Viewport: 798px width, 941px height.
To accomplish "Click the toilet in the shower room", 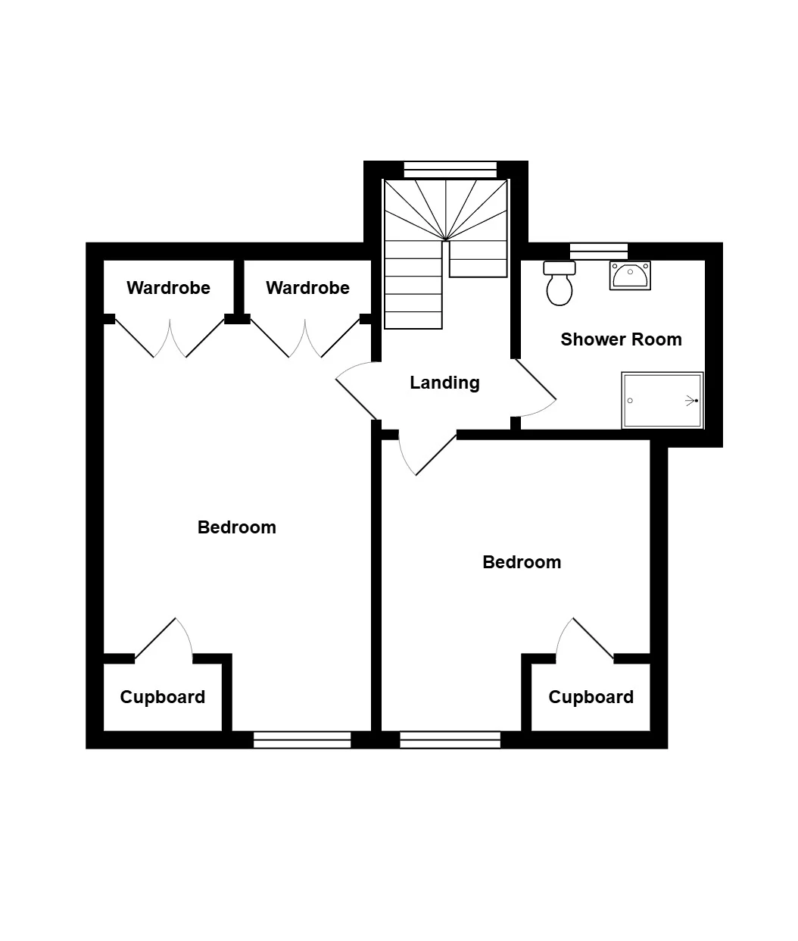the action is (560, 283).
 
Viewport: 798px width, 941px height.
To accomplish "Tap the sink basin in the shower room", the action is (630, 276).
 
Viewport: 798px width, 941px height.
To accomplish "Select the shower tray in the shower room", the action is (662, 401).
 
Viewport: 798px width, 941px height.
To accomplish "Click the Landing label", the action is (444, 383).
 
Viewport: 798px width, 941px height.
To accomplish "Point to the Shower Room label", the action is (621, 339).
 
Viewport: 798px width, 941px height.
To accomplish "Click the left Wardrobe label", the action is (168, 288).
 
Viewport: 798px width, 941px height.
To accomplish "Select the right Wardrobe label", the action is (307, 288).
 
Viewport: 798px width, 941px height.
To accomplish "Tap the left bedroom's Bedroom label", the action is (236, 527).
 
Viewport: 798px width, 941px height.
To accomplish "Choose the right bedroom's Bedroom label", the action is (522, 562).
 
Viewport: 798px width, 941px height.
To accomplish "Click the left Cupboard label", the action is (163, 697).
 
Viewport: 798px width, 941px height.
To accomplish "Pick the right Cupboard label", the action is (591, 697).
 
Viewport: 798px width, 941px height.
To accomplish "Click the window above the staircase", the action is (450, 170).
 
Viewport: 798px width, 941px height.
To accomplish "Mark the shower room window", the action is (599, 252).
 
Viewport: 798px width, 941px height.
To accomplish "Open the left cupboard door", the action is (155, 638).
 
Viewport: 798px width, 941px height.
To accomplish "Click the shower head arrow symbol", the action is (691, 401).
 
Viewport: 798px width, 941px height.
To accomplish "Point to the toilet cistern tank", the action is (560, 267).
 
